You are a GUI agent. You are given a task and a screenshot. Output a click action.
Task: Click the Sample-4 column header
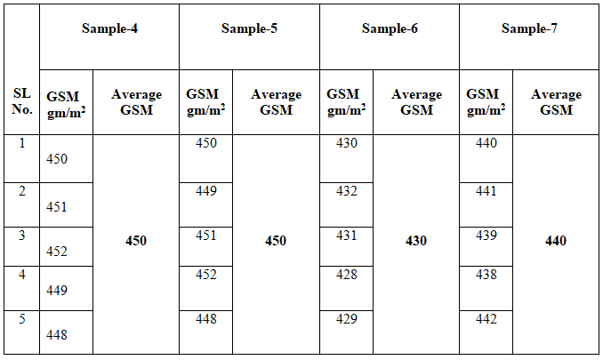coord(109,28)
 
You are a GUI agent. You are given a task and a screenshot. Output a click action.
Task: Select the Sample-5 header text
coord(249,28)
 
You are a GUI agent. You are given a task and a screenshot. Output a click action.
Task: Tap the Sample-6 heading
coord(390,28)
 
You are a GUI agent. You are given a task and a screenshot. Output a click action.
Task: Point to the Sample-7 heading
coord(529,28)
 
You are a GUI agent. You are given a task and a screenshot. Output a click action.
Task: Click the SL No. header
coord(22,101)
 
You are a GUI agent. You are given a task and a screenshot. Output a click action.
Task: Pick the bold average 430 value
coord(416,241)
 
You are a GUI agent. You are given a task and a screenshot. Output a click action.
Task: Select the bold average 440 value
coord(556,241)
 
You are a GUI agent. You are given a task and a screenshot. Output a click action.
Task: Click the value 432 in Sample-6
coord(347,191)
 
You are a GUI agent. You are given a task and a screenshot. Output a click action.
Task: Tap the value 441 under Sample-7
coord(486,191)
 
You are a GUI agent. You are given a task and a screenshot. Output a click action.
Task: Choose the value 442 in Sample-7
coord(486,319)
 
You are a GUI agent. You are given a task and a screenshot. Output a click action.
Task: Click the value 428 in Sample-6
coord(347,275)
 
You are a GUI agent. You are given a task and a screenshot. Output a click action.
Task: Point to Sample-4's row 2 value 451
coord(57,207)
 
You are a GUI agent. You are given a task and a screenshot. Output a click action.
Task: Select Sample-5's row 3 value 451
coord(206,236)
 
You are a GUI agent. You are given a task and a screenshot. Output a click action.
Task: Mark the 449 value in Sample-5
coord(206,191)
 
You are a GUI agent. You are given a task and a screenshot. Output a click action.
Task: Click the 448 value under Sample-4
coord(57,335)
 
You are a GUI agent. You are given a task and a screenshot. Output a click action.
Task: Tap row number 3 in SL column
coord(22,236)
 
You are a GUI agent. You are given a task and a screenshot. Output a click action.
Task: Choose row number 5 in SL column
coord(22,319)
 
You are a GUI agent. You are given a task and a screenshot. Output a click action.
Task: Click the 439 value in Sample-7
coord(486,236)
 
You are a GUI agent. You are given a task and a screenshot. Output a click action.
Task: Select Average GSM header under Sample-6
coord(416,102)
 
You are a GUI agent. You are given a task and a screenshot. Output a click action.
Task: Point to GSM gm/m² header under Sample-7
coord(486,102)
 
